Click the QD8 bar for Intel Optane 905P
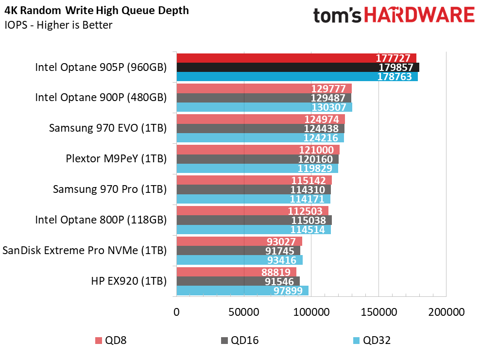tap(296, 58)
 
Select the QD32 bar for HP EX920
tap(242, 291)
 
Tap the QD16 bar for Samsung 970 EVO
tap(260, 128)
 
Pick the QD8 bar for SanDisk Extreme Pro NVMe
tap(239, 241)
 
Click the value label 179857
tap(396, 67)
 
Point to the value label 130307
tap(329, 107)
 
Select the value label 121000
tap(316, 150)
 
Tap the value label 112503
tap(305, 211)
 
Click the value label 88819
tap(276, 272)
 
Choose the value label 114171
tap(307, 199)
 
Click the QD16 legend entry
tap(240, 341)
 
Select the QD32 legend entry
tap(372, 341)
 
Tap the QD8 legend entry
tap(111, 341)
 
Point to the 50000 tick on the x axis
tap(244, 312)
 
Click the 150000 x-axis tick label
tap(379, 312)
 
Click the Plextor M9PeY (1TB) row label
tap(116, 159)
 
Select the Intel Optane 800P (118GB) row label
tap(101, 220)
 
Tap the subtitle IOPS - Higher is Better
tap(59, 25)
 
